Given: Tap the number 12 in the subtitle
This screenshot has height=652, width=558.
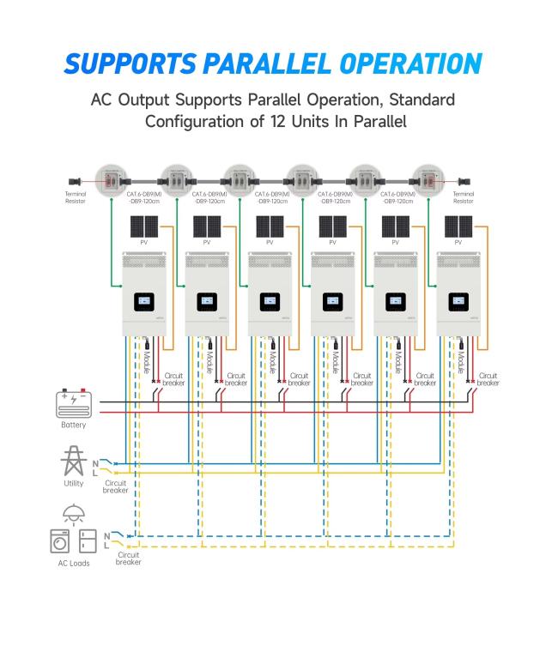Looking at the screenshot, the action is (278, 122).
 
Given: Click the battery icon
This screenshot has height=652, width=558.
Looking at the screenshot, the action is (74, 403).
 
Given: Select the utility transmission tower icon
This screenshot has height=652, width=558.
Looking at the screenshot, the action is (74, 461).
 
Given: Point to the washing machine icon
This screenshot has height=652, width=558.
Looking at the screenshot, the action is (59, 541).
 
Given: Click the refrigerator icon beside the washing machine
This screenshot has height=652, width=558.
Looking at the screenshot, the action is (88, 541).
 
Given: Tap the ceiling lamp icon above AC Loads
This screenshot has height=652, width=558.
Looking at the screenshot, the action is (74, 515).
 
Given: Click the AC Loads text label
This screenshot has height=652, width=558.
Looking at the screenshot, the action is (74, 564).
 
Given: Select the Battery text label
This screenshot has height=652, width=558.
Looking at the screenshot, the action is (73, 425).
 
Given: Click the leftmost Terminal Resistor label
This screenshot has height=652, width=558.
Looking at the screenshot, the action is (76, 197).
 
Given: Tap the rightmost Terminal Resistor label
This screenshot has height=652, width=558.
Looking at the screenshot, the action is (463, 197).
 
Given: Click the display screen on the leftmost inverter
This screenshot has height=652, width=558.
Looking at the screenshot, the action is (144, 301).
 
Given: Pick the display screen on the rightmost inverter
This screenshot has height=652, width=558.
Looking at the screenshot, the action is (458, 301).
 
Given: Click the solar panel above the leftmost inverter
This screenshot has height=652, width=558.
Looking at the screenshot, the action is (144, 226).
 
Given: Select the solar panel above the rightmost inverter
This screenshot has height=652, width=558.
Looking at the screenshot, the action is (458, 226).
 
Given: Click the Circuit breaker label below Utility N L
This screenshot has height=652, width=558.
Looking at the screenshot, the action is (115, 486).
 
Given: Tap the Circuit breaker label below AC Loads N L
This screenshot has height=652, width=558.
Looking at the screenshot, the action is (128, 558).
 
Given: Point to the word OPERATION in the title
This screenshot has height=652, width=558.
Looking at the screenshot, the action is (410, 63).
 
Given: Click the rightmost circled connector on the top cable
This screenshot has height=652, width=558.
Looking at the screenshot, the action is (428, 181).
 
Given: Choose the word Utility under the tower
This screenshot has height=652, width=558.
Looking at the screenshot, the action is (74, 483).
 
